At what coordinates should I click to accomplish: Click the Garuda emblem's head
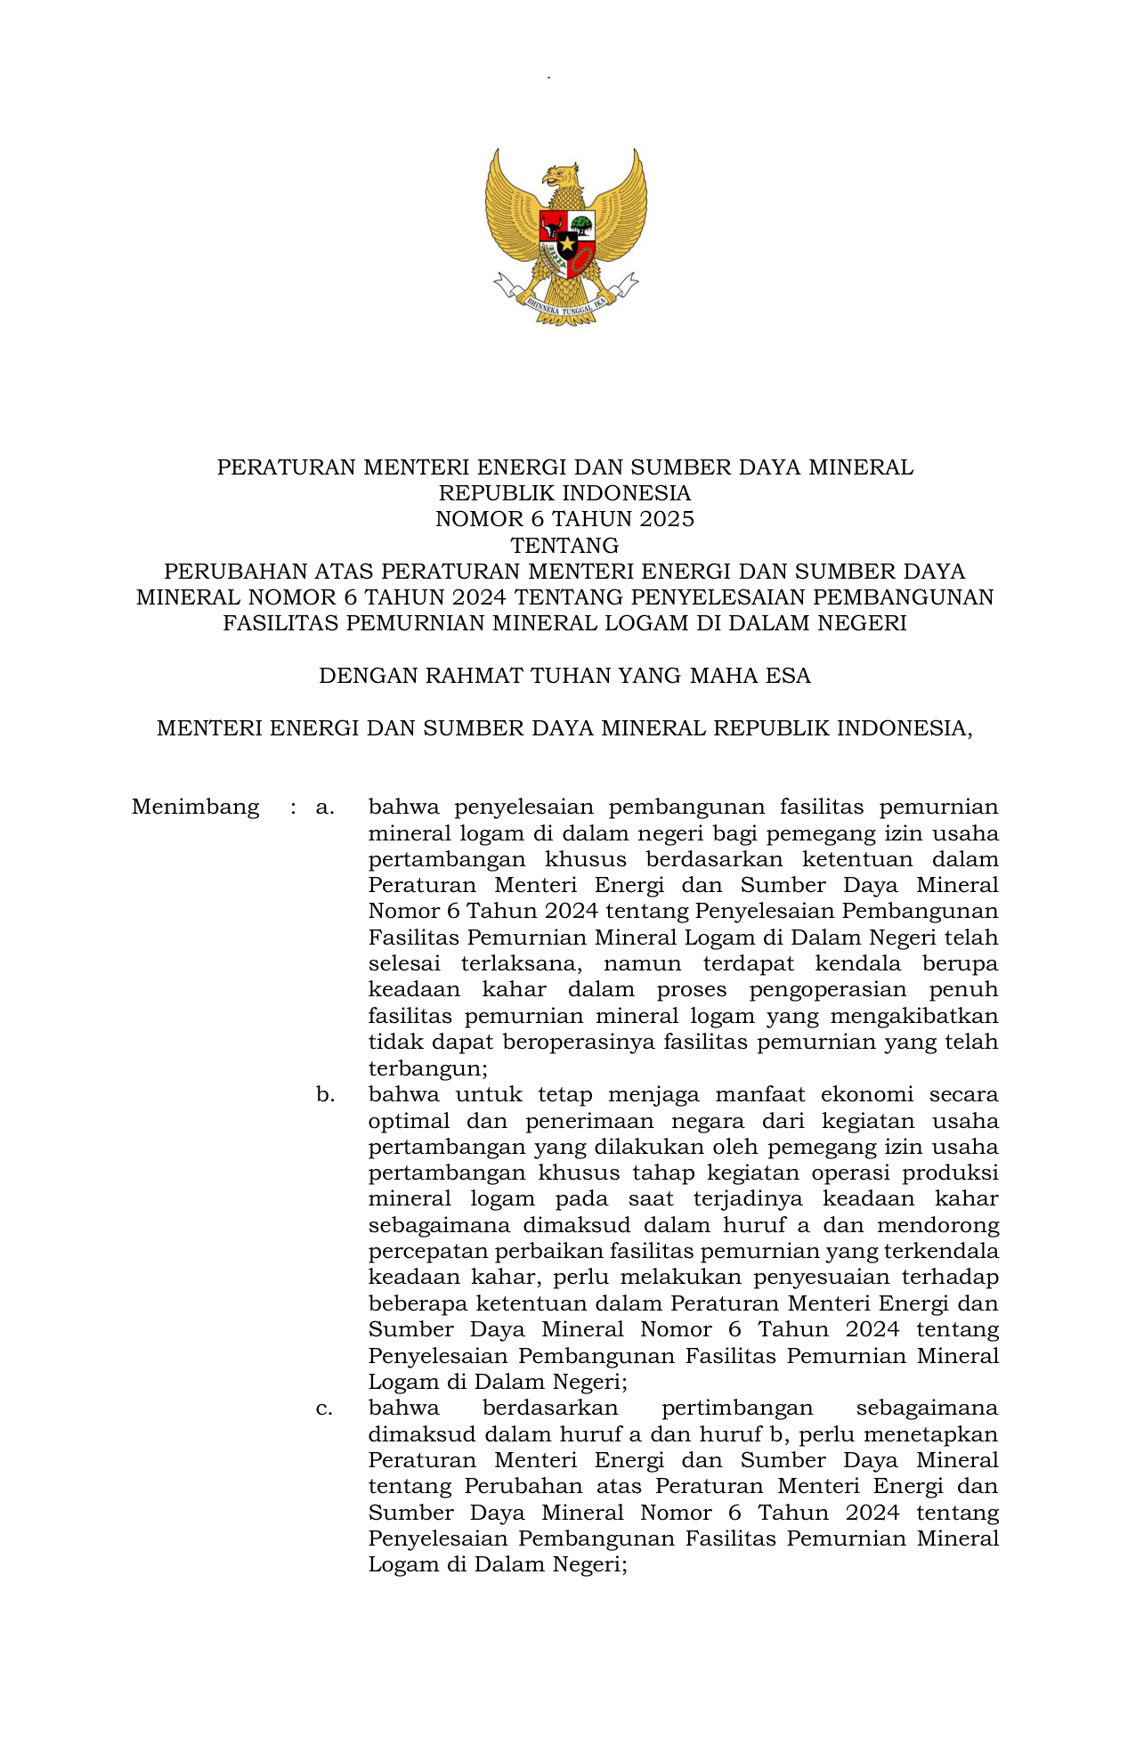click(x=562, y=175)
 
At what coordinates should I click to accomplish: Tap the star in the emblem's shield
click(x=567, y=242)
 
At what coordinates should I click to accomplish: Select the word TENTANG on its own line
click(x=565, y=545)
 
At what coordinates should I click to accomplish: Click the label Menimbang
click(x=195, y=808)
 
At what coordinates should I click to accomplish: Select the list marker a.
click(x=325, y=808)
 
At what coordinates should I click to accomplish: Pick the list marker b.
click(x=325, y=1095)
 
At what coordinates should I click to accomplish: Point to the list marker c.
click(x=325, y=1408)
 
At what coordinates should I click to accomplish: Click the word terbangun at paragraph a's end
click(x=427, y=1068)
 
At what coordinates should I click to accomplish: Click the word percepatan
click(x=427, y=1252)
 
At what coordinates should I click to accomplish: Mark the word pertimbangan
click(x=737, y=1408)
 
